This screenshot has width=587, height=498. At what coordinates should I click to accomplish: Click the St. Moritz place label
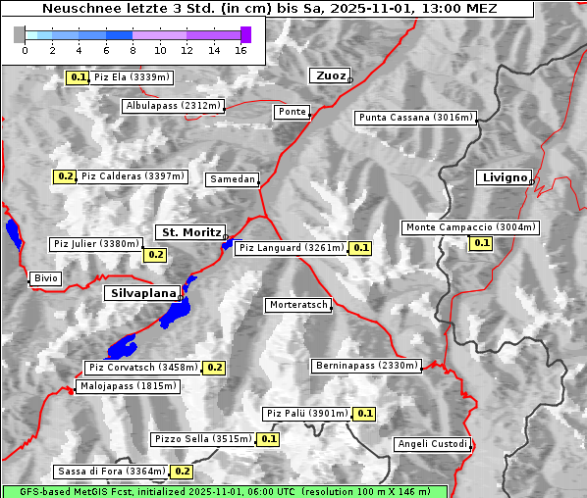[190, 232]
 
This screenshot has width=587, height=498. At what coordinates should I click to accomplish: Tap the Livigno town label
[504, 177]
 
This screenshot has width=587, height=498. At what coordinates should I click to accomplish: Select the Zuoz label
[329, 75]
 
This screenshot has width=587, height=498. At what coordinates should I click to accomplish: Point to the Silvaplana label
[142, 293]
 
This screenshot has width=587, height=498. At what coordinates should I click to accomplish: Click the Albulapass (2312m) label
[173, 106]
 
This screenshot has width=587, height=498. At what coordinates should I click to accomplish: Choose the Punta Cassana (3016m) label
[415, 118]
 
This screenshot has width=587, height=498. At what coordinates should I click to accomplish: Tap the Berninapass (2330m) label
[366, 366]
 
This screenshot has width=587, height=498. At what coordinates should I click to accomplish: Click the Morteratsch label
[298, 305]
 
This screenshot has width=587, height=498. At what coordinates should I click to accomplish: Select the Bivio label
[45, 278]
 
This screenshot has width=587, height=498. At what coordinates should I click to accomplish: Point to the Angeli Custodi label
[432, 444]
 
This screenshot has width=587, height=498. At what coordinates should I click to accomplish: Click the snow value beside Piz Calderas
[65, 176]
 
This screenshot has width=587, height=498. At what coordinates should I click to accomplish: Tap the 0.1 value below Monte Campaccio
[481, 243]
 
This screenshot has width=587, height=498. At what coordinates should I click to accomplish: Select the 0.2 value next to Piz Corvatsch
[214, 368]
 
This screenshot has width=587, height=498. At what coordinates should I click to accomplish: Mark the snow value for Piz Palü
[364, 414]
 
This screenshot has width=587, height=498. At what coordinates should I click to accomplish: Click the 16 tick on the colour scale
[240, 50]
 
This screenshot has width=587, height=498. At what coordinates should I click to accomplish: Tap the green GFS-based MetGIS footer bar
[224, 491]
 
